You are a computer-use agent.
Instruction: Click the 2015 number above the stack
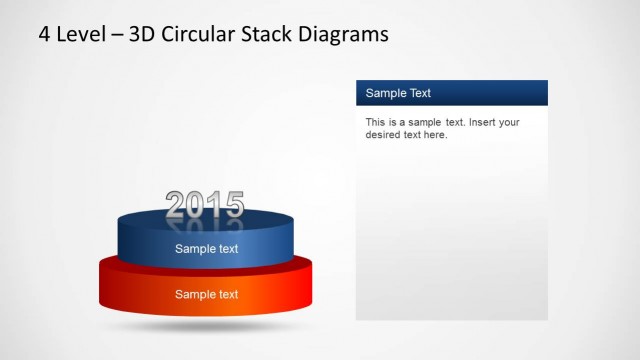click(204, 205)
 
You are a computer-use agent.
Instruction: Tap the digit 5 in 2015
click(233, 205)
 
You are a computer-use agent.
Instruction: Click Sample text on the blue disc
click(207, 249)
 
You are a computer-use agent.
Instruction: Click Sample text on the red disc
click(207, 294)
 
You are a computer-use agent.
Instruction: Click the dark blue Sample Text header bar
click(451, 93)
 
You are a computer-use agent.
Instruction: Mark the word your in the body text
click(510, 122)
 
